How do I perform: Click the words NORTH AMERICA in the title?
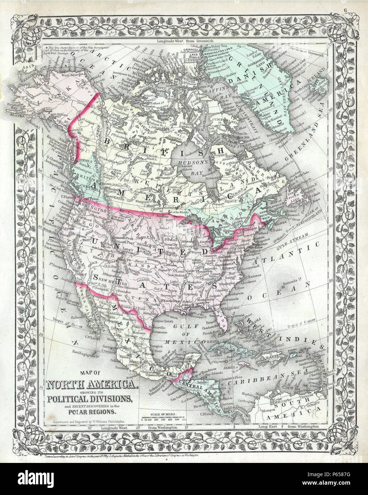(91, 385)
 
